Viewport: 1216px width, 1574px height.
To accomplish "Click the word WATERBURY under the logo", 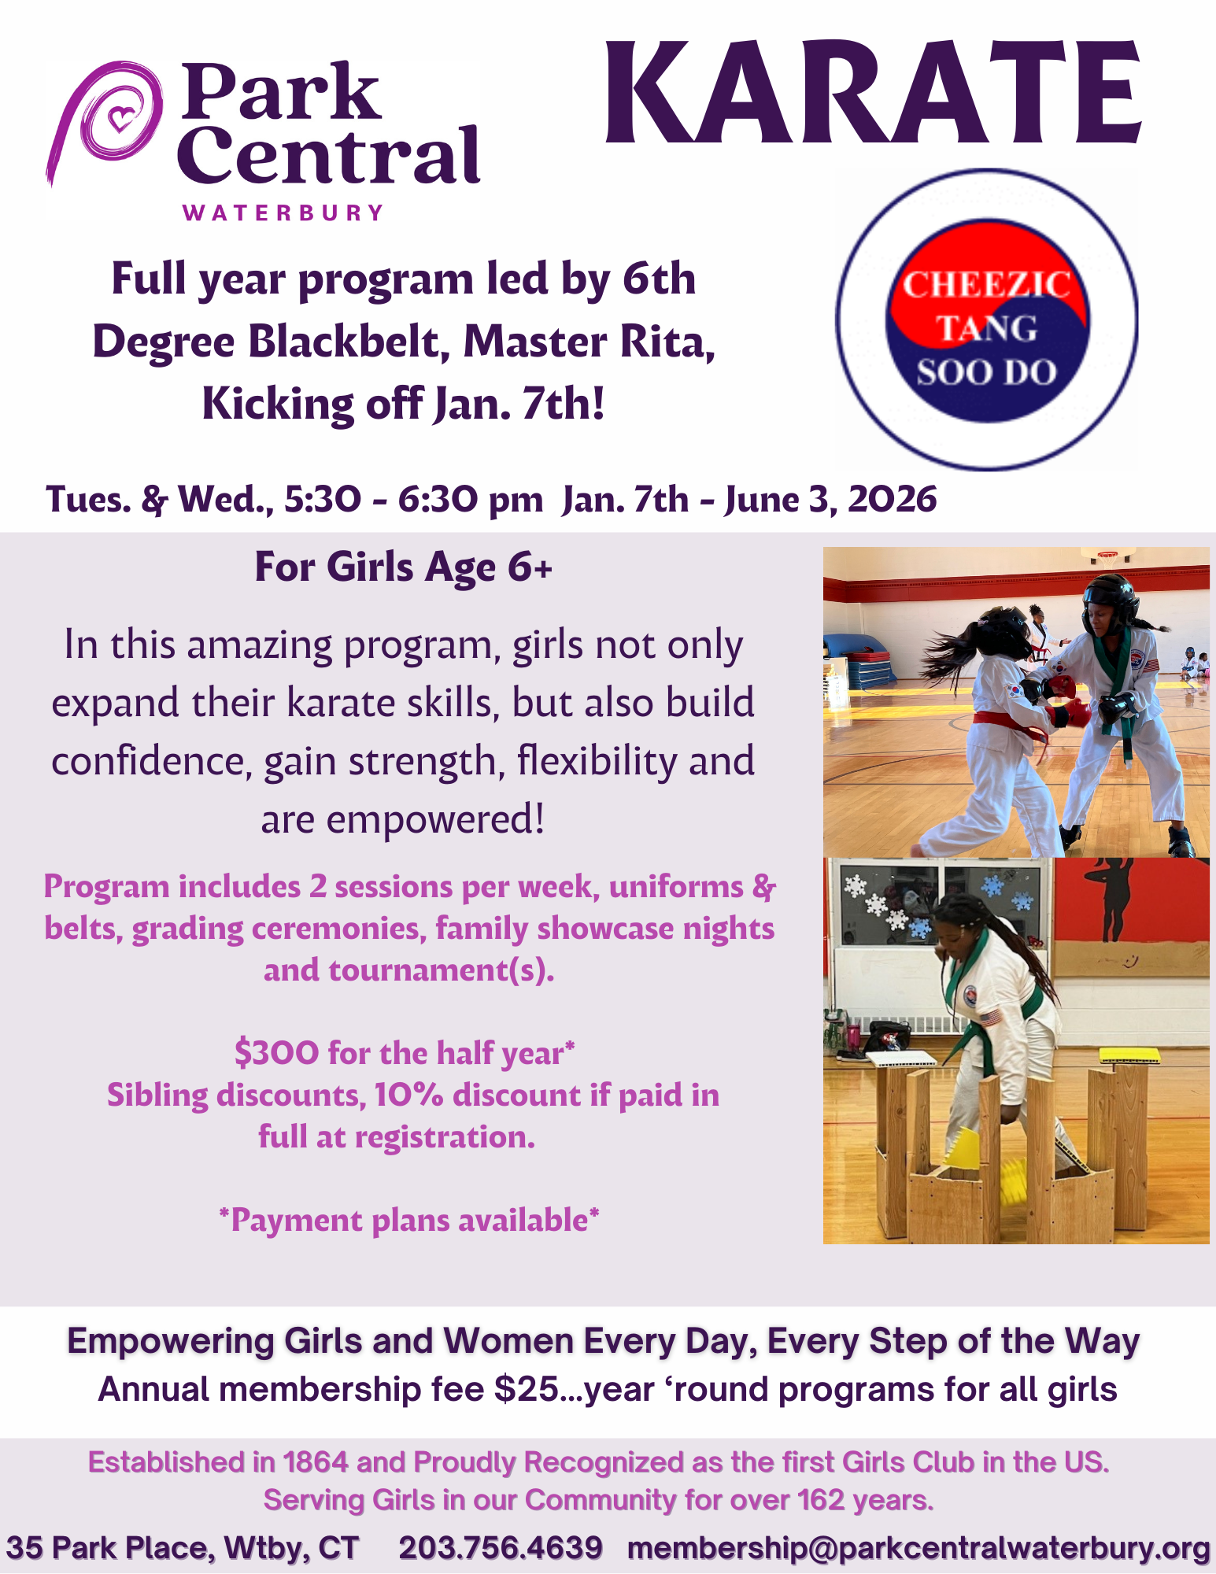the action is pyautogui.click(x=283, y=213).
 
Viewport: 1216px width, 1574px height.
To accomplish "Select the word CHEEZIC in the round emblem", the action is pyautogui.click(x=986, y=285).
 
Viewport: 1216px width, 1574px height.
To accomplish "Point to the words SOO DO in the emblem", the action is pyautogui.click(x=986, y=372).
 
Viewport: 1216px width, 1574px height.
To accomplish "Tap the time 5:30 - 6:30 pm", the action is pyautogui.click(x=413, y=500).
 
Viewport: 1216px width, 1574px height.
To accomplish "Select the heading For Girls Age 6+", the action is pyautogui.click(x=404, y=567).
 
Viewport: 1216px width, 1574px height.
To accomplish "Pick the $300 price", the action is pyautogui.click(x=277, y=1053).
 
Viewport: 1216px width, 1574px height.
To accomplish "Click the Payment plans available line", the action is pyautogui.click(x=409, y=1221).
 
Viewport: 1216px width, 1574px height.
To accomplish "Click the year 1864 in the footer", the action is pyautogui.click(x=316, y=1462).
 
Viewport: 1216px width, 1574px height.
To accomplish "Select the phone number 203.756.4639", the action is pyautogui.click(x=501, y=1548).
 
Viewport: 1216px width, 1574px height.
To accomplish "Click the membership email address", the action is pyautogui.click(x=918, y=1549).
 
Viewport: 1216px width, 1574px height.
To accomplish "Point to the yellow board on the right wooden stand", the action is pyautogui.click(x=1125, y=1056).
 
